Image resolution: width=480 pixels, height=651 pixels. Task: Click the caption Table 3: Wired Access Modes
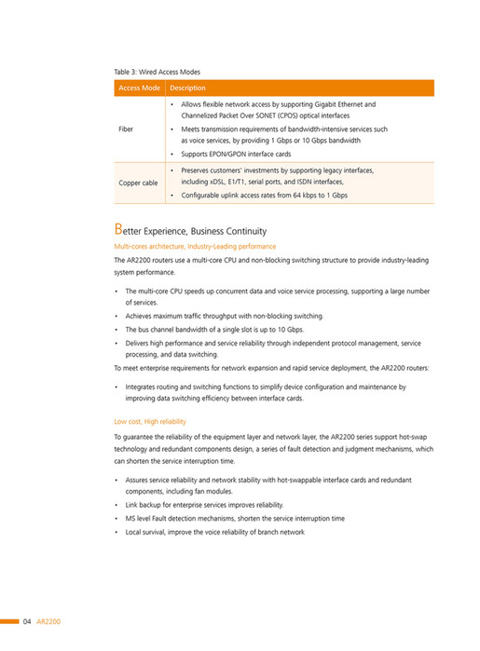157,71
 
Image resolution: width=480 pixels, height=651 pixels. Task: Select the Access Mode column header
139,88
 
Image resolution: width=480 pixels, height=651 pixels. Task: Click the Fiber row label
127,129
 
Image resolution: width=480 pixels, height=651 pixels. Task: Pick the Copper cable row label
138,183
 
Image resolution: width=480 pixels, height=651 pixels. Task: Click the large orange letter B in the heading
117,229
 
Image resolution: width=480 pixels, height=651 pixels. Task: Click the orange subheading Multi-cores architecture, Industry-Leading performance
195,246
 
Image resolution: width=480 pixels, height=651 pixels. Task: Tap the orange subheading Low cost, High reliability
149,421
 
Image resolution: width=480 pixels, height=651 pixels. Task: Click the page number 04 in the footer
28,620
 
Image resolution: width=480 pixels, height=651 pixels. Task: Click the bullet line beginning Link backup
204,504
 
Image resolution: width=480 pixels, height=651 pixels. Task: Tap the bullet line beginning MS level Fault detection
235,518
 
